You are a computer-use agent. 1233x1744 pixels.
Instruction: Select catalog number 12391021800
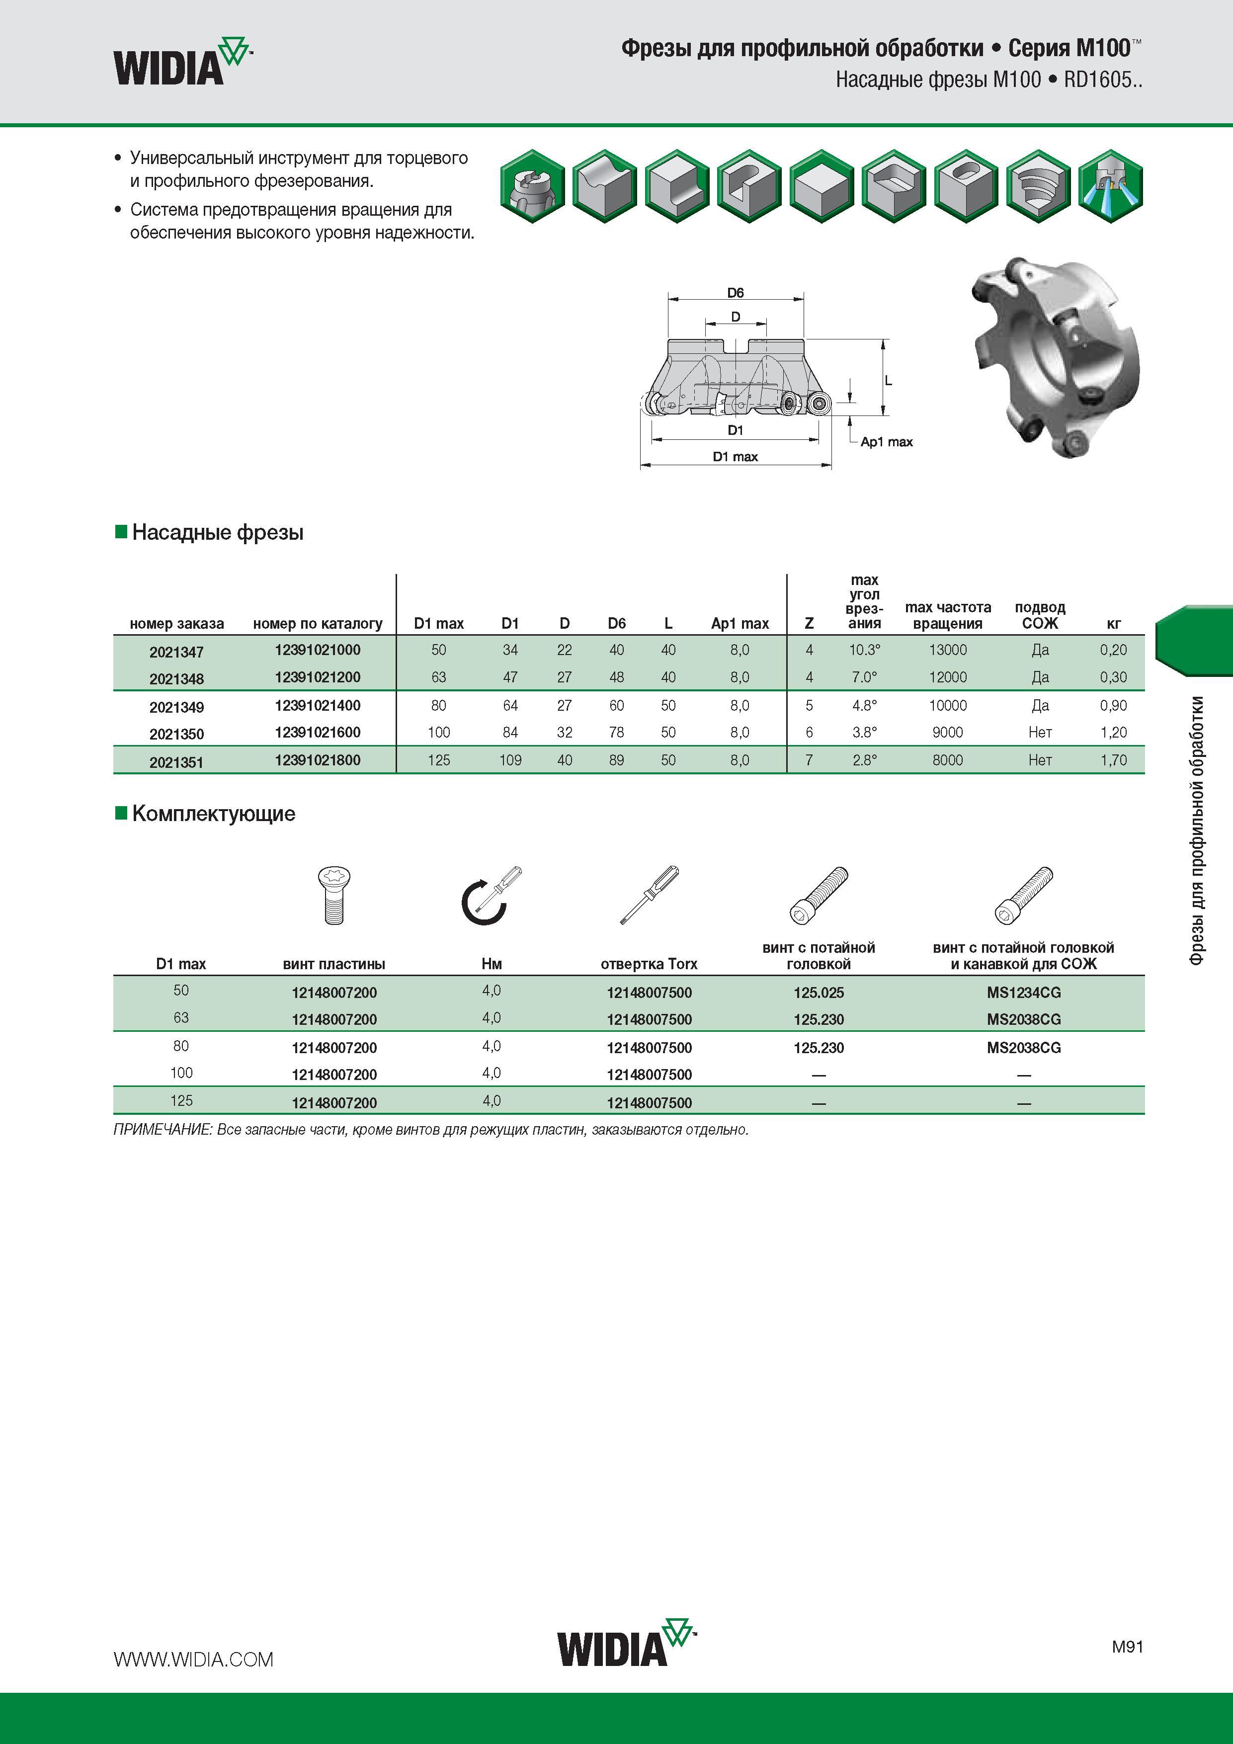(x=318, y=759)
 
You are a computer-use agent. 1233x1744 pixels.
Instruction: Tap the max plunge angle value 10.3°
(x=865, y=650)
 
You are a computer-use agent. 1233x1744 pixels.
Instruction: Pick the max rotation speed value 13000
(x=947, y=650)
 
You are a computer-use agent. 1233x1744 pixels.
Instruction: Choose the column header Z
(x=809, y=624)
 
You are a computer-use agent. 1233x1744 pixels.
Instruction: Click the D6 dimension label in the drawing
(x=736, y=292)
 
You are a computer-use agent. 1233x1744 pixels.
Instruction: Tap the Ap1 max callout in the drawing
(x=886, y=442)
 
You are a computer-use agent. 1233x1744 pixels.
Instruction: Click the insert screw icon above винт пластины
(x=333, y=896)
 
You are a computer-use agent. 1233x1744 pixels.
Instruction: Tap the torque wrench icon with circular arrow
(x=492, y=896)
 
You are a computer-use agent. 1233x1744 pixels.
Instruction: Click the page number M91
(x=1128, y=1646)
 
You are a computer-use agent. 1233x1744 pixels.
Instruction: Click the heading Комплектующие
(x=214, y=814)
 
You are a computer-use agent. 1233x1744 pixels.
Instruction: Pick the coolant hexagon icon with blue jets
(x=1110, y=186)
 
